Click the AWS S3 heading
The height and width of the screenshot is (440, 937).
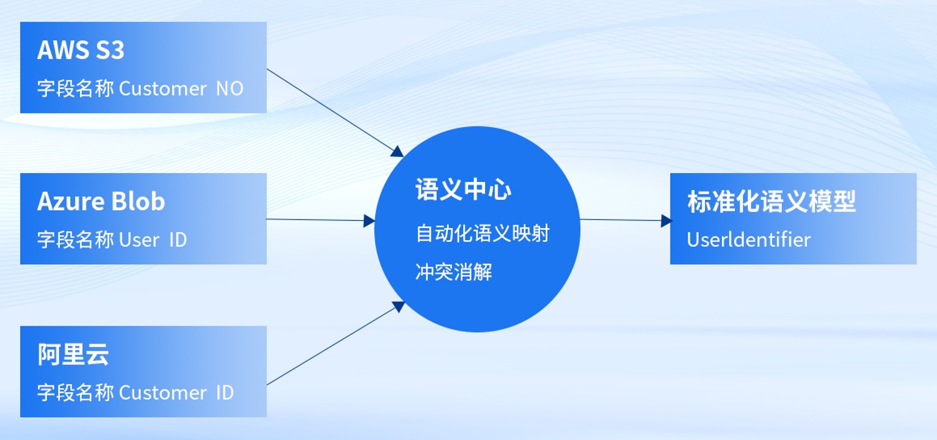[81, 50]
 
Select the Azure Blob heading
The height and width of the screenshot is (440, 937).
[101, 201]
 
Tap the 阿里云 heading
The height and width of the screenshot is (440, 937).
[73, 354]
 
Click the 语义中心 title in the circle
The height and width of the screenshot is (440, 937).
[464, 190]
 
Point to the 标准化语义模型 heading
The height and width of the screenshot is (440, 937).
[771, 201]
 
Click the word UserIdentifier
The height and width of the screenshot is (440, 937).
[748, 240]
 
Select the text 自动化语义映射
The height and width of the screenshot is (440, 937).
[483, 233]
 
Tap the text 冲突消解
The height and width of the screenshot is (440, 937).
[454, 272]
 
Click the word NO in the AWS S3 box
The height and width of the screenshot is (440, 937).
[230, 89]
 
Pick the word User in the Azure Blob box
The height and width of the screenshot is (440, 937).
[139, 240]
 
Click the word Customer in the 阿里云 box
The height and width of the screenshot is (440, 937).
[163, 392]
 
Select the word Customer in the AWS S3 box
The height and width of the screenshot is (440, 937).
[163, 89]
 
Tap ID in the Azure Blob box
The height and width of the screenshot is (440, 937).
[178, 240]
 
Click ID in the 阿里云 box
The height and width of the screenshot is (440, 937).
[225, 392]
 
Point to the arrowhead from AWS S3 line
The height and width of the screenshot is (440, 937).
[398, 152]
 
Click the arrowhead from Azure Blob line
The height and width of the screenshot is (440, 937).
[369, 221]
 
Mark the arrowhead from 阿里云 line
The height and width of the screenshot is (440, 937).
[399, 306]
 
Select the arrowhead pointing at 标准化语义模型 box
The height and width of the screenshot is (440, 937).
[666, 221]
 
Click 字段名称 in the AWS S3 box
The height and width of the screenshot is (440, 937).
[75, 89]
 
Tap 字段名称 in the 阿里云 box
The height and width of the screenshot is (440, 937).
[75, 392]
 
